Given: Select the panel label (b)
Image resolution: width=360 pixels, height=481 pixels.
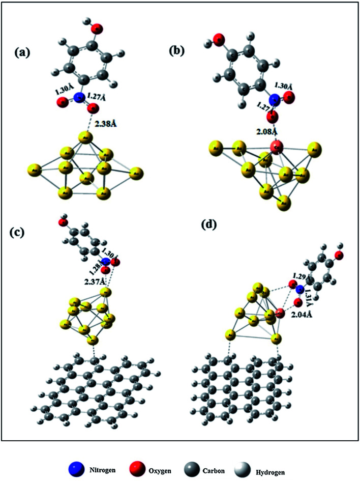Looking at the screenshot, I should [x=181, y=51].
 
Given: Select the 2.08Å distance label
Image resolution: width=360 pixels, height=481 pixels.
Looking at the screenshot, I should [x=263, y=131].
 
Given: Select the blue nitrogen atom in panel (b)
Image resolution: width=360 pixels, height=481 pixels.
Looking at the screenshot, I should [x=275, y=99].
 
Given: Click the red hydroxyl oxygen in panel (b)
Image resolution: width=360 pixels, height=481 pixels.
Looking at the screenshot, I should [x=219, y=39].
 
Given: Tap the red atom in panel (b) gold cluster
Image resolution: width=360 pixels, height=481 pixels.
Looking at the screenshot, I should [x=276, y=148].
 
